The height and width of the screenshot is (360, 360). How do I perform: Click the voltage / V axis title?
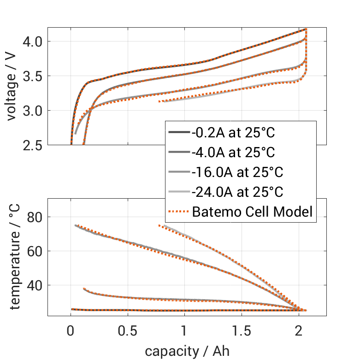[x=12, y=87]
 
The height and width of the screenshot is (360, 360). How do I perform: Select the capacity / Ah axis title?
[x=187, y=351]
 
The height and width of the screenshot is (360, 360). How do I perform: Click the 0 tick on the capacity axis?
[x=71, y=330]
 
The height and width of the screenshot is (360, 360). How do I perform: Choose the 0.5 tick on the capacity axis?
[x=128, y=330]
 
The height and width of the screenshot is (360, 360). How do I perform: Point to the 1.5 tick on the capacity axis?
[x=242, y=330]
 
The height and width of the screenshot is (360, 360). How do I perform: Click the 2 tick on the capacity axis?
[x=299, y=330]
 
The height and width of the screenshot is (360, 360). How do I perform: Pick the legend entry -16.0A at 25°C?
[x=237, y=172]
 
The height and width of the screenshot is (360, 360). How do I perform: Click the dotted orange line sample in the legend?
[x=178, y=212]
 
